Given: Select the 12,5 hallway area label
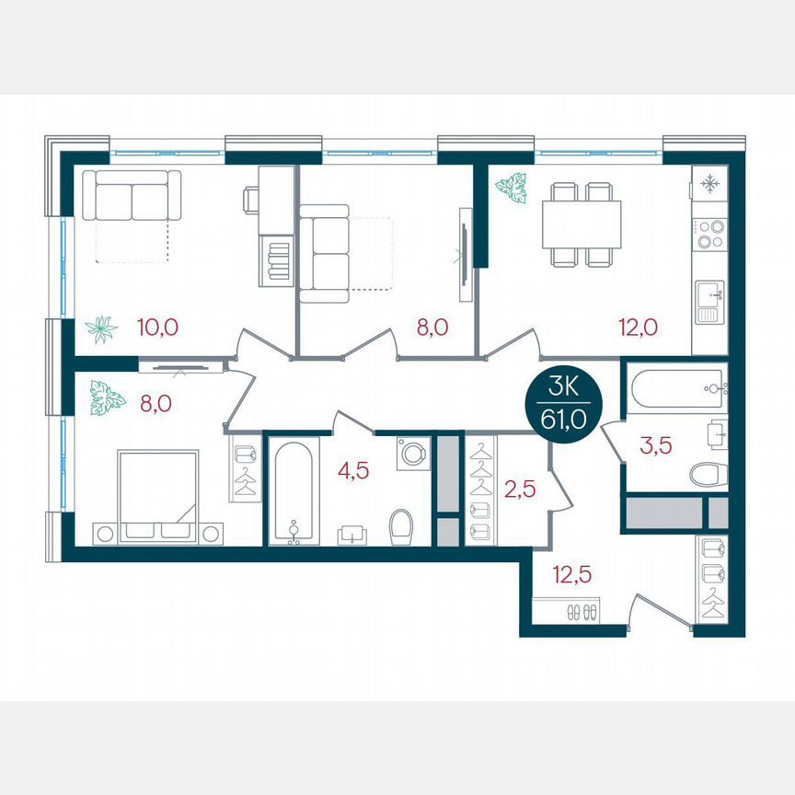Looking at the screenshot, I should (x=571, y=576).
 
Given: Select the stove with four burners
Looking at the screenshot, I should (x=709, y=235).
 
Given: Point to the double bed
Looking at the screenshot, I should (x=158, y=488).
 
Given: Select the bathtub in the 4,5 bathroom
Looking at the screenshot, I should (x=294, y=492).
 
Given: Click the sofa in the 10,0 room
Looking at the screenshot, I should (x=132, y=196).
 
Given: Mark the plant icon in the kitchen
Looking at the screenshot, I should (x=511, y=188).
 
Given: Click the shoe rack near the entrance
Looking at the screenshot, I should (x=566, y=611).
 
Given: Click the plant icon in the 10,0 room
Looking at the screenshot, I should (x=100, y=328).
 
